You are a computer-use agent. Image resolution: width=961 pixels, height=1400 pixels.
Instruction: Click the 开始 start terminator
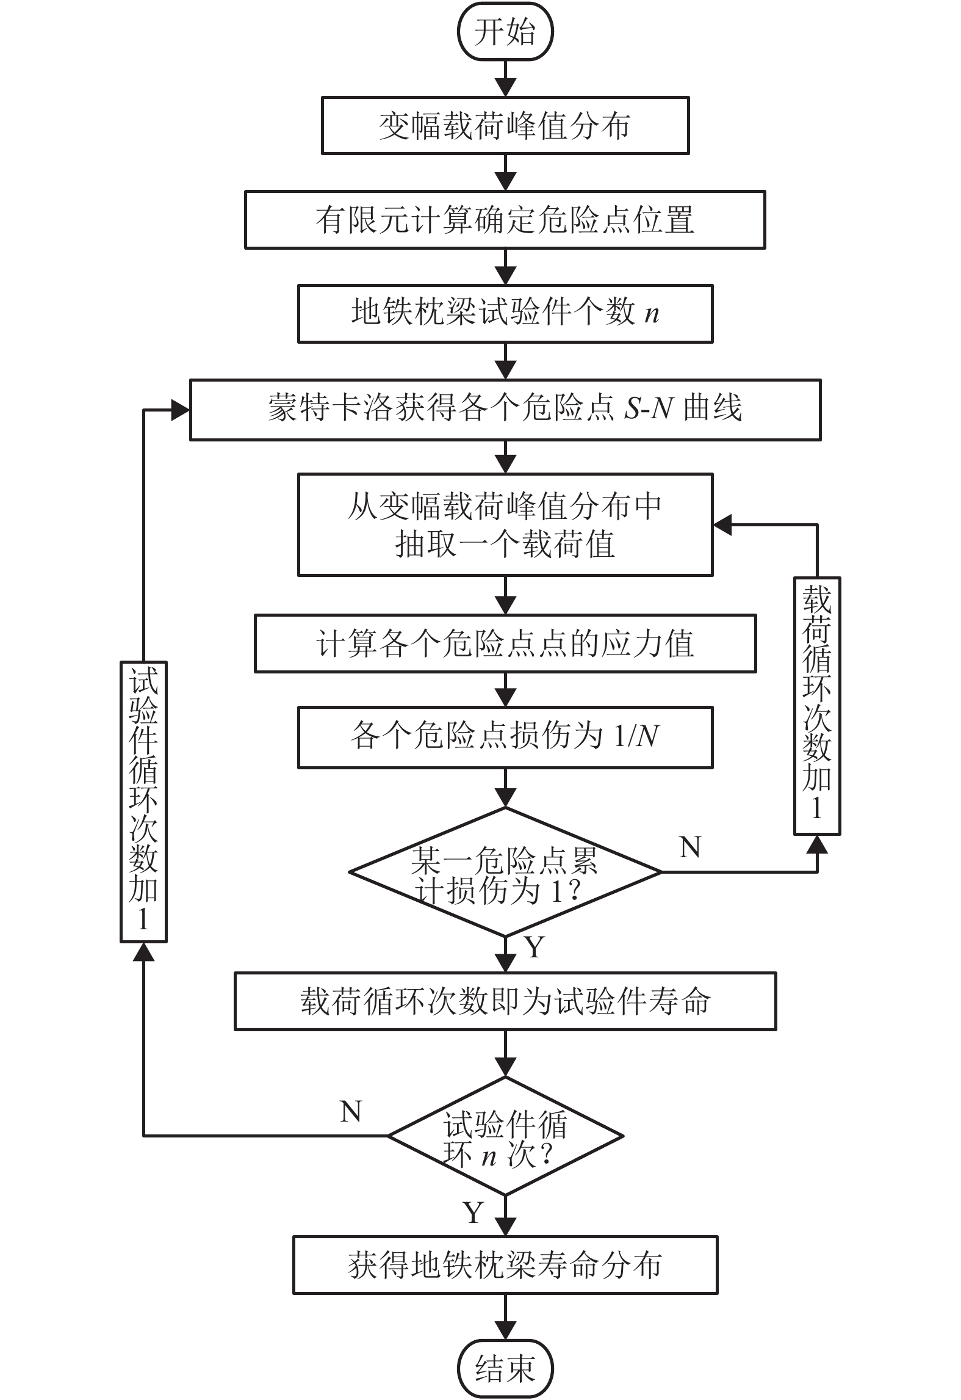coord(505,32)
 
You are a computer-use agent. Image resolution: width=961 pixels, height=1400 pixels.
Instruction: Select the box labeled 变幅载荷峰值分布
coord(505,125)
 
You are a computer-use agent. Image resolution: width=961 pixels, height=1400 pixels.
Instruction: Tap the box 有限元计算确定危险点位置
coord(505,220)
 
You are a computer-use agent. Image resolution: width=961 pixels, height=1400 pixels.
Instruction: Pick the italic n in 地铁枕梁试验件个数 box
coord(652,314)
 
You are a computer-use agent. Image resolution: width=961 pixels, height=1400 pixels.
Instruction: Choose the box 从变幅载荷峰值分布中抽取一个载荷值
coord(505,524)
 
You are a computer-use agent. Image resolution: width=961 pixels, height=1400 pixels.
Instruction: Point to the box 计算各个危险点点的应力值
coord(505,644)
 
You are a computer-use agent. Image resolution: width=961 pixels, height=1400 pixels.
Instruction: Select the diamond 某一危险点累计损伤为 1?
coord(505,872)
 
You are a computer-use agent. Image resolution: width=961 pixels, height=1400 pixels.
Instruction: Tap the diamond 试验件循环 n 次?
coord(505,1136)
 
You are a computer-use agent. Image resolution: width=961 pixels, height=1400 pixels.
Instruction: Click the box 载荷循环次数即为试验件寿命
coord(505,1002)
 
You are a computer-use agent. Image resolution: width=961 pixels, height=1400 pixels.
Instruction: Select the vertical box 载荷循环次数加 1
coord(817,705)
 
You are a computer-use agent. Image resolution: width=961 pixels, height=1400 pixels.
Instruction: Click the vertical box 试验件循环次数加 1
coord(143,802)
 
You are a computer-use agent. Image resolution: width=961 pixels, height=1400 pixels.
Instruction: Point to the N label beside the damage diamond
coord(690,847)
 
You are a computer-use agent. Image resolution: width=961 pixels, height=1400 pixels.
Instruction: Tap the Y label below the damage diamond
coord(534,947)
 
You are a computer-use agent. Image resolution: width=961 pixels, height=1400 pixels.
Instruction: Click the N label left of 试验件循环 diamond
coord(351,1111)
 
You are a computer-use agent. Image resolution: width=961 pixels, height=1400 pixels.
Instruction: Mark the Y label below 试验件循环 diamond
coord(473,1213)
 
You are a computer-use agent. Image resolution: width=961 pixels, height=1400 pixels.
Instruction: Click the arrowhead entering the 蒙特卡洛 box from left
coord(179,410)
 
